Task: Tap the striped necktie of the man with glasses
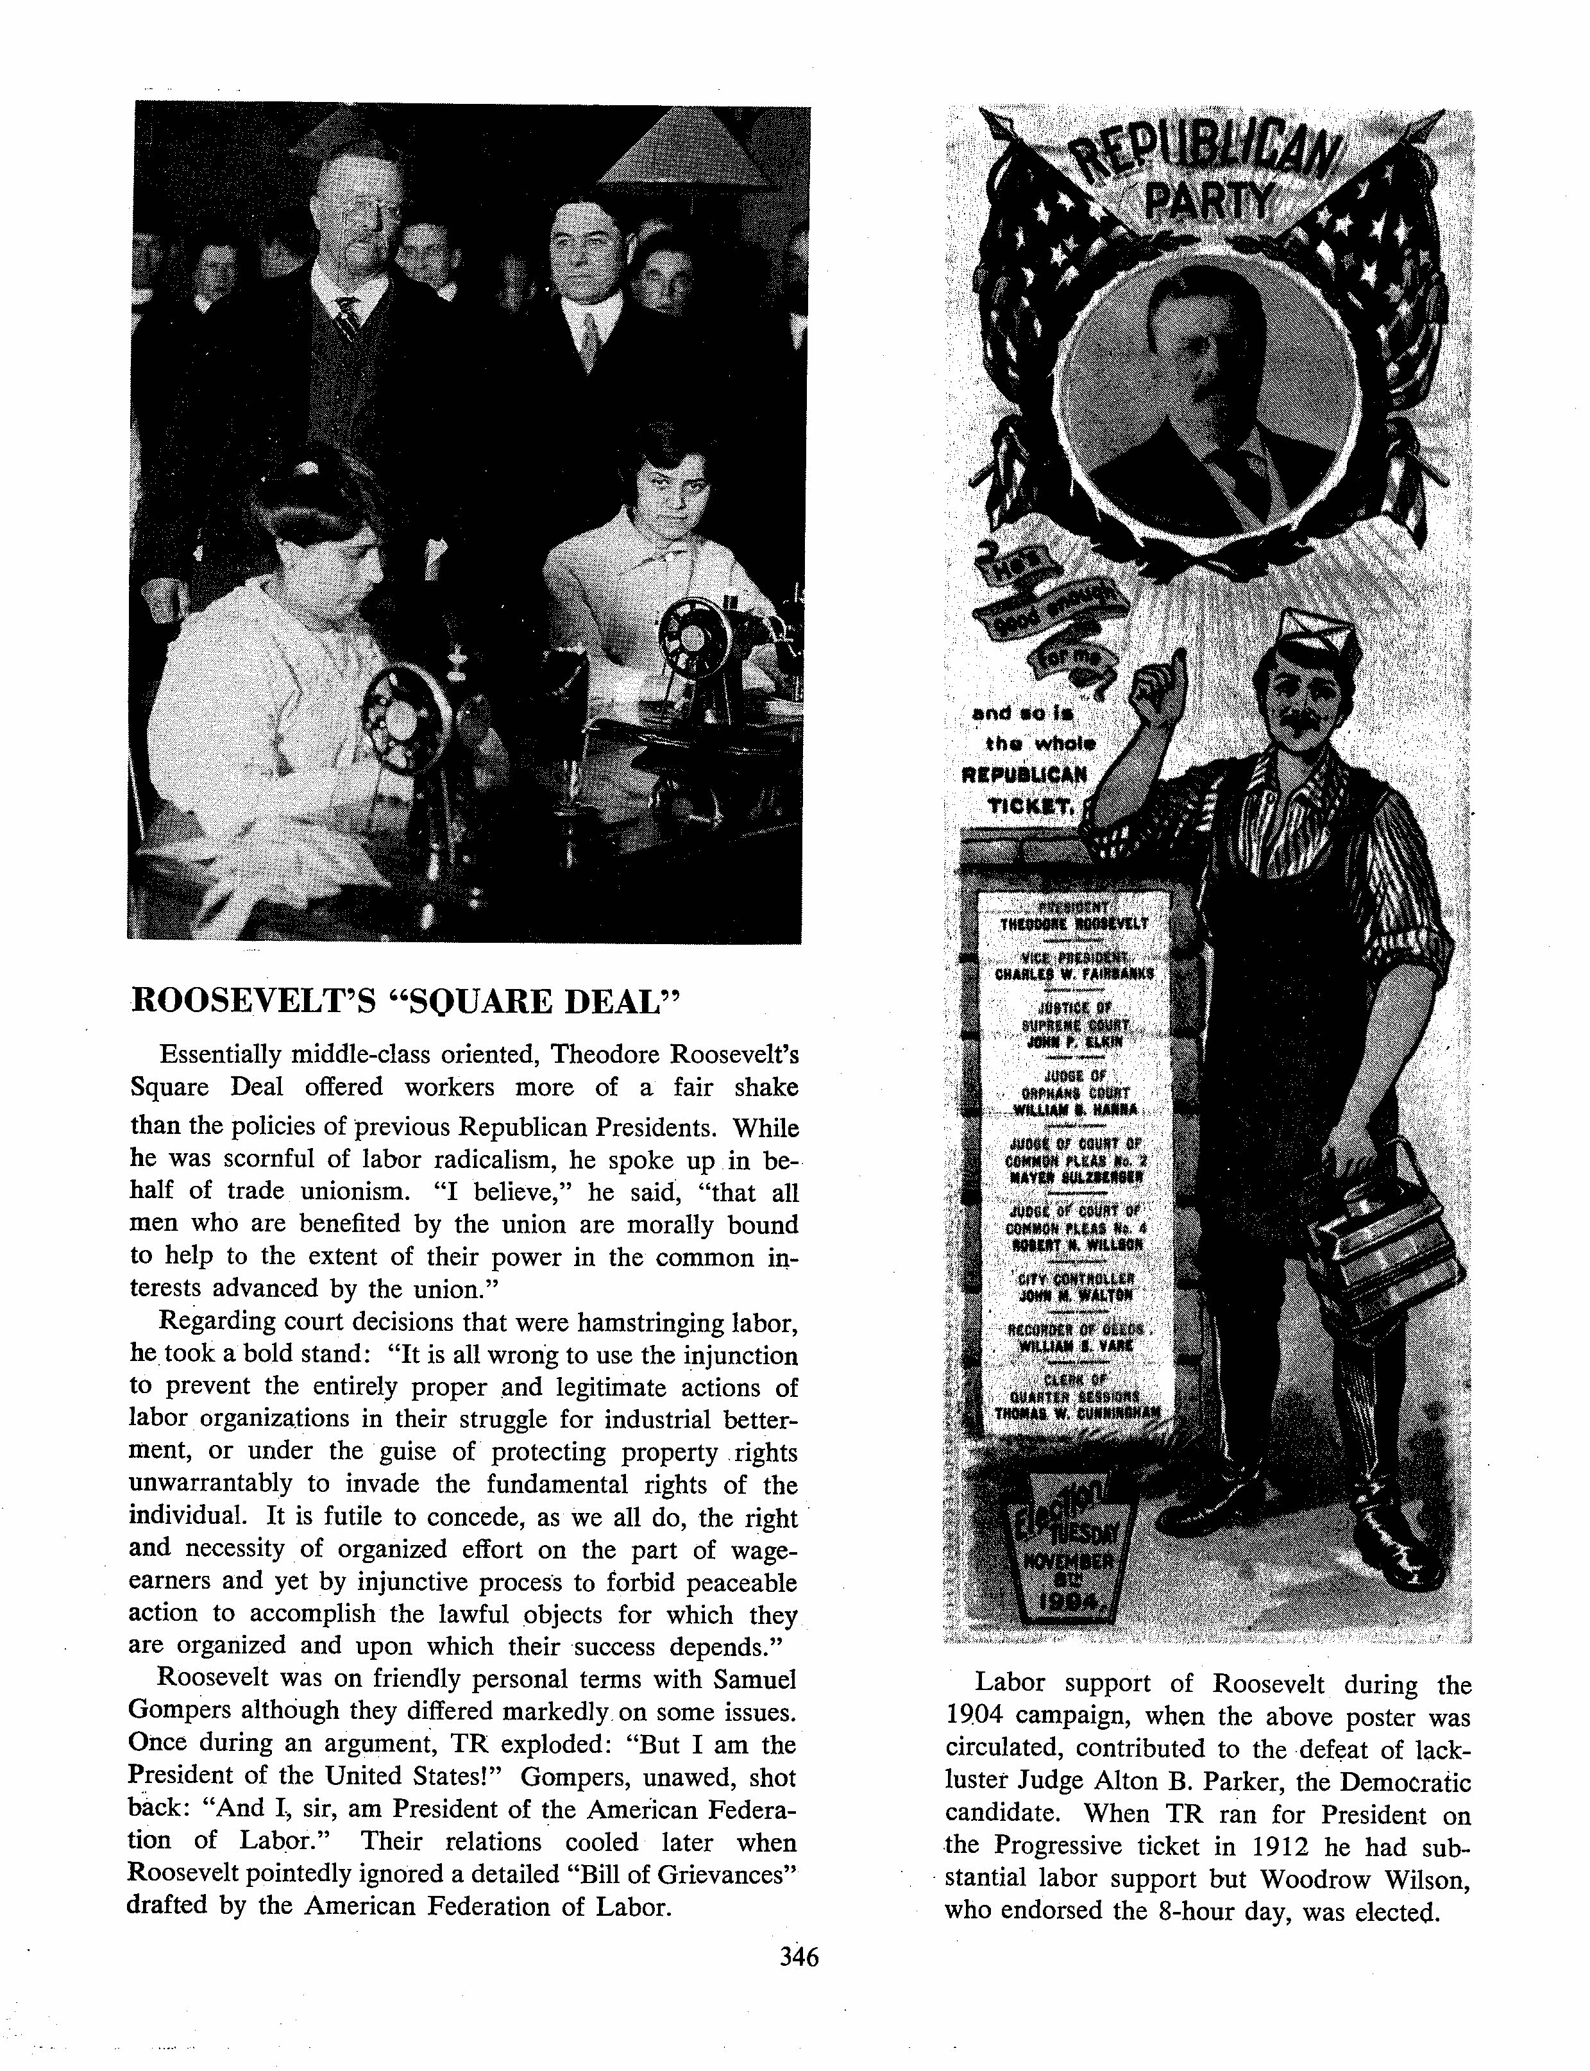348,318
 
